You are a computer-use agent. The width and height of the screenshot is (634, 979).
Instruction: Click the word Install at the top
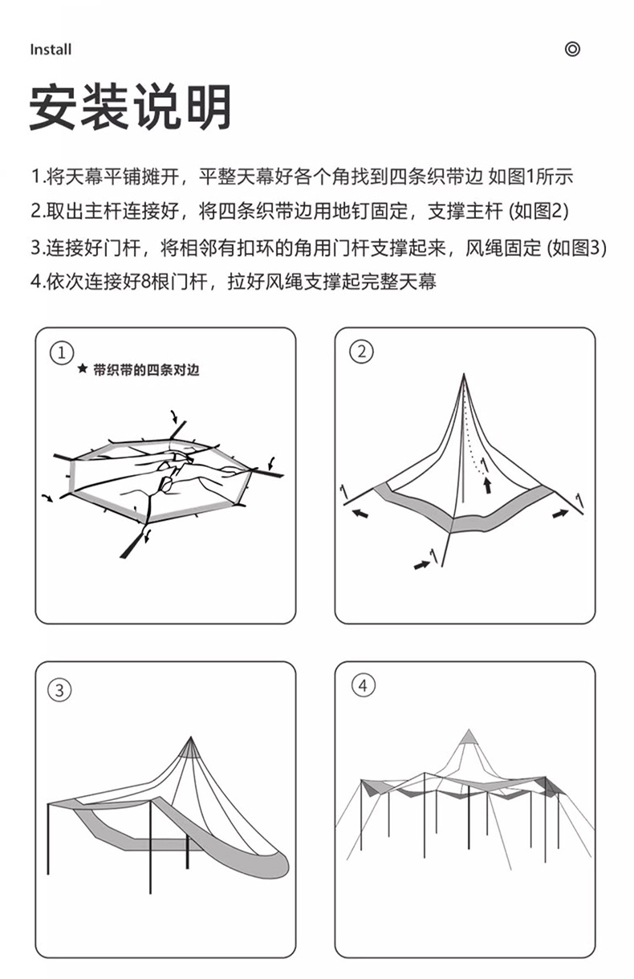pos(51,50)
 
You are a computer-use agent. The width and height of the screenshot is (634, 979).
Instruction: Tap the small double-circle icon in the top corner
pos(572,49)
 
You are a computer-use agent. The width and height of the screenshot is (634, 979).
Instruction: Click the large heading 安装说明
pos(131,107)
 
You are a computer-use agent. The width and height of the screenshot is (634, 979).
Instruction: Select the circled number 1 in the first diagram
pos(61,351)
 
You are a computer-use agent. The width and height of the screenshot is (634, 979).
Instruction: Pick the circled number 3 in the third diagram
pos(61,689)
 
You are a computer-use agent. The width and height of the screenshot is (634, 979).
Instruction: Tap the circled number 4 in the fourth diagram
pos(363,685)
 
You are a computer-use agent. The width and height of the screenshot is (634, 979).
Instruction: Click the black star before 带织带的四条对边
pos(82,370)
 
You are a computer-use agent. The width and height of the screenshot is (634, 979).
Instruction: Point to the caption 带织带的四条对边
pos(145,370)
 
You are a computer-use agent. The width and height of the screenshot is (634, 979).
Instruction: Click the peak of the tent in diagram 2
pos(463,376)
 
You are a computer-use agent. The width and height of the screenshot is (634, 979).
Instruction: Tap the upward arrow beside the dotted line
pos(486,484)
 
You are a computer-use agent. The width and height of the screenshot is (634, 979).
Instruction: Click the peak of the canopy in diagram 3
pos(191,738)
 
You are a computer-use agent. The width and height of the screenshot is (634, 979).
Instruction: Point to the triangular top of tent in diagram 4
pos(468,737)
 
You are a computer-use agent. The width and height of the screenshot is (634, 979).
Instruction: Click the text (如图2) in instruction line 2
pos(539,212)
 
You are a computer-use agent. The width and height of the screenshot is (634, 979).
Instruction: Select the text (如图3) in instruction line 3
pos(576,247)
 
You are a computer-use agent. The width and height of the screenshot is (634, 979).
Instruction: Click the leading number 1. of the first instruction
pos(37,177)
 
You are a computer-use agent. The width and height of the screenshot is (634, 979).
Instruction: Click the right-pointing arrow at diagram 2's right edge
pos(560,514)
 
